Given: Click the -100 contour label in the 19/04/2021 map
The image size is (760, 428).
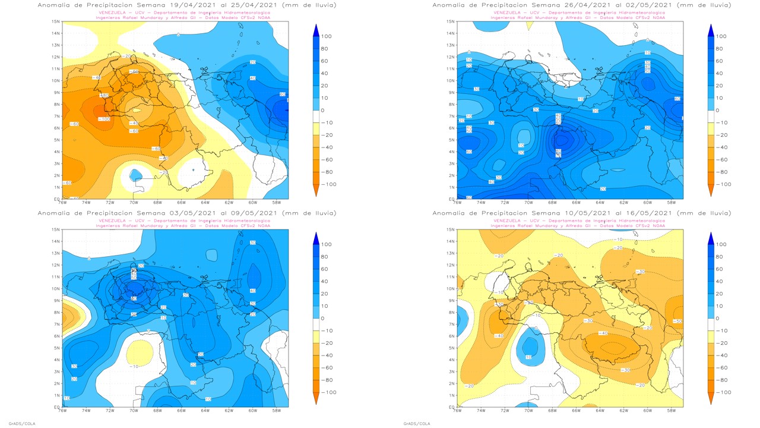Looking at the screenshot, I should (104, 119).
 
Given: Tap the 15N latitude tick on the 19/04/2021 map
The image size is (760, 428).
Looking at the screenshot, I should (56, 21).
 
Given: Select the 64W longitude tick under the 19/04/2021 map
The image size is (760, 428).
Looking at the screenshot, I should (205, 202).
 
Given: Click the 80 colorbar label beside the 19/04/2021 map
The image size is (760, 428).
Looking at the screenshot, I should (325, 49).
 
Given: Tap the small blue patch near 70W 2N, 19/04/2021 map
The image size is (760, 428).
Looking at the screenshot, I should (135, 174).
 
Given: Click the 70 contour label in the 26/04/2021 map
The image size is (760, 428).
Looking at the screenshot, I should (558, 156).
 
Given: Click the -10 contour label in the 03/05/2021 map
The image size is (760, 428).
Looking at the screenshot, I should (135, 366).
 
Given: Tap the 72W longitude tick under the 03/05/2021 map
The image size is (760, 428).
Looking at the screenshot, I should (110, 410).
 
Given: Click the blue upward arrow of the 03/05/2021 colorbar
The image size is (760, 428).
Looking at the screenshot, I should (316, 237).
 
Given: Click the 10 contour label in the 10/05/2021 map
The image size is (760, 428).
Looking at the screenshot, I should (528, 357).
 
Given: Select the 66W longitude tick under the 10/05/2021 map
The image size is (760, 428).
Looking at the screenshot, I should (576, 410).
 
